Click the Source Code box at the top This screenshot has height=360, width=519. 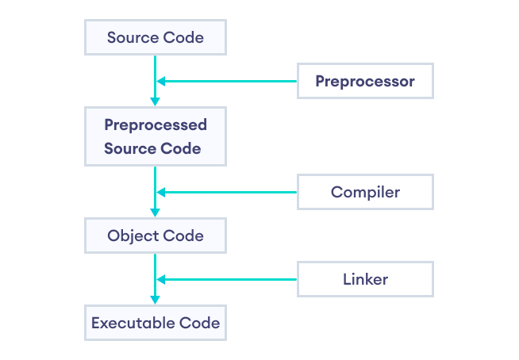pyautogui.click(x=156, y=37)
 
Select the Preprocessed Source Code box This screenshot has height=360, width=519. pyautogui.click(x=156, y=136)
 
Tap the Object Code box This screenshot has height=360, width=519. pyautogui.click(x=156, y=236)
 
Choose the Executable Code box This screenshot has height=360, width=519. pyautogui.click(x=156, y=323)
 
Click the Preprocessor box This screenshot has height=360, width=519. pyautogui.click(x=365, y=81)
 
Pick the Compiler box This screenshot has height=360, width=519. pyautogui.click(x=365, y=192)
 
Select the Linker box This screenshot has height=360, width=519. pyautogui.click(x=365, y=279)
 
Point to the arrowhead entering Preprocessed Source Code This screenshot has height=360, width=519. pyautogui.click(x=156, y=101)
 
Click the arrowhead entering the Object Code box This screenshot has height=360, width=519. pyautogui.click(x=156, y=213)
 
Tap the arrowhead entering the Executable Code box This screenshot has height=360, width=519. pyautogui.click(x=156, y=300)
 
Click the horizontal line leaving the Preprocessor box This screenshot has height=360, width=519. pyautogui.click(x=230, y=81)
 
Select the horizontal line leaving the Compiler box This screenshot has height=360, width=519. pyautogui.click(x=230, y=192)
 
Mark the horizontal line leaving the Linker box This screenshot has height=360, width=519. pyautogui.click(x=230, y=279)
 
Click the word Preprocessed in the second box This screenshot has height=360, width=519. pyautogui.click(x=156, y=125)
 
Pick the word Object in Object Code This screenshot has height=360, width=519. pyautogui.click(x=133, y=236)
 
